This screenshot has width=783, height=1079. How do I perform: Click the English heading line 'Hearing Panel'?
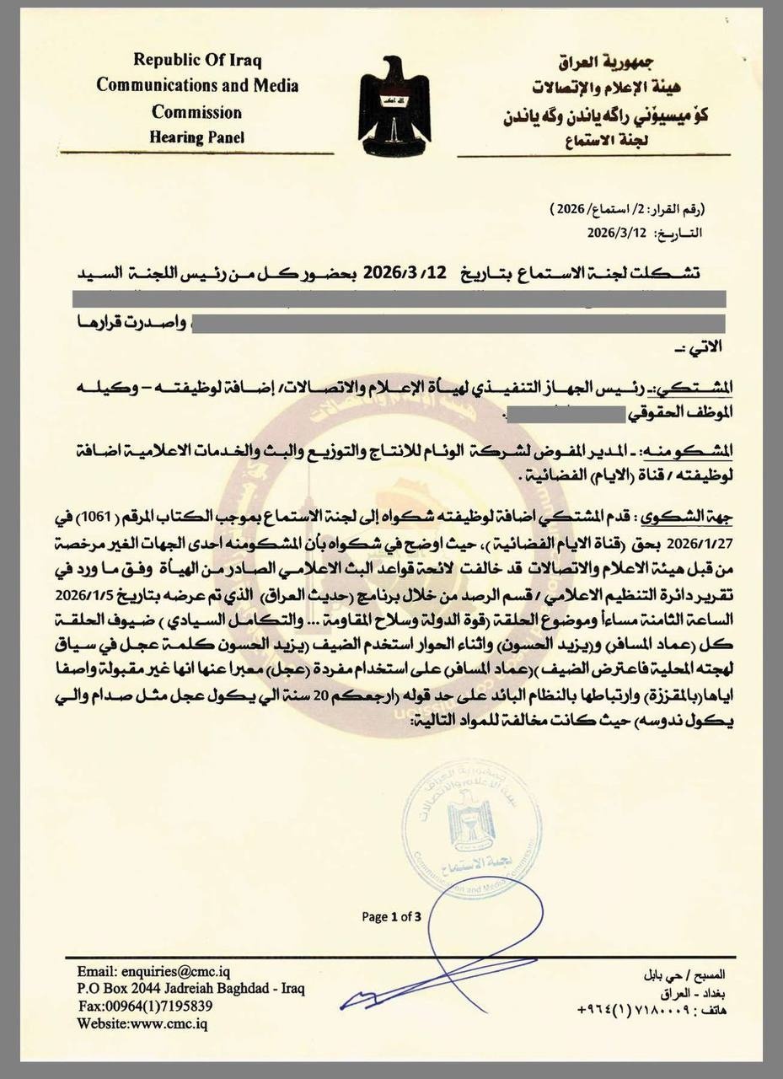pos(196,137)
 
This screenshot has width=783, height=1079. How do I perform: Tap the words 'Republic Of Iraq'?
pos(197,61)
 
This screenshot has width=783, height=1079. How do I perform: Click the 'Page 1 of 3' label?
pos(391,916)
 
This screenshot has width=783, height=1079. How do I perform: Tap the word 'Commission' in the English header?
pos(196,112)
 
